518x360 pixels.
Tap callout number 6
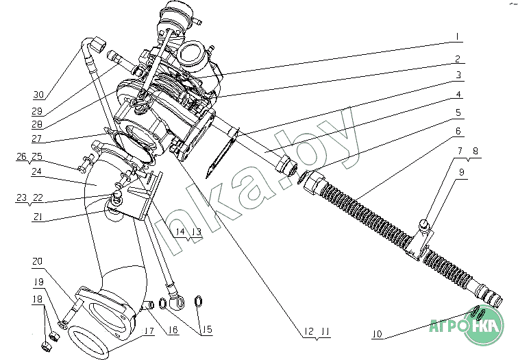point(458,130)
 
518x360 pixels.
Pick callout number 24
point(37,171)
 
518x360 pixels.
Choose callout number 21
point(38,217)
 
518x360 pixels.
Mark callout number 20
point(37,261)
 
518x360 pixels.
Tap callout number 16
point(172,331)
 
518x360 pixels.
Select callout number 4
point(458,94)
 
